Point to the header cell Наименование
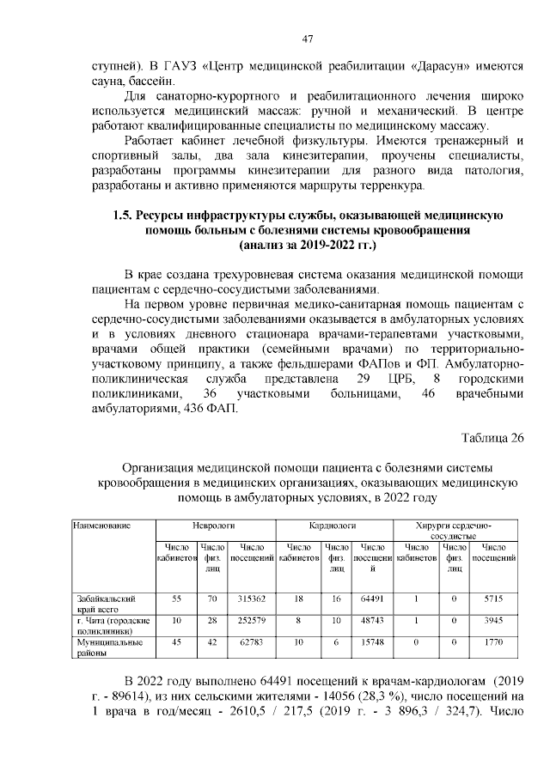tap(101, 523)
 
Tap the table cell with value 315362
tap(251, 598)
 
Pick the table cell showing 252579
tap(251, 620)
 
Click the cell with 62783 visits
tap(251, 641)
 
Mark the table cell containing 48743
tap(372, 620)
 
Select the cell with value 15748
tap(372, 641)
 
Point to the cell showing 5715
tap(494, 598)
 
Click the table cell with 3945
tap(494, 620)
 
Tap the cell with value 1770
tap(494, 641)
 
